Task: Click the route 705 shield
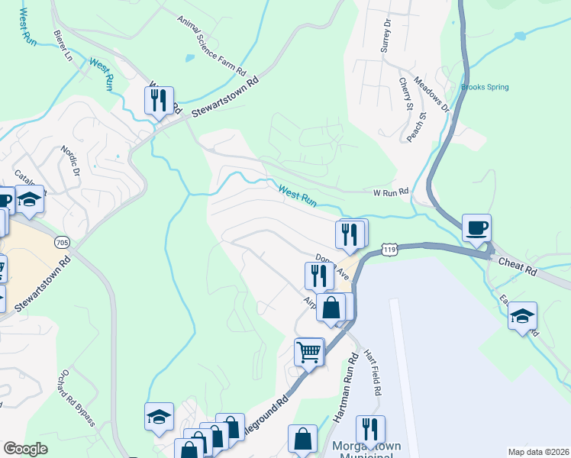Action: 63,243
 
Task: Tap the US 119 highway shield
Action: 391,250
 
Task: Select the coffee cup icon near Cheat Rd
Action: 476,227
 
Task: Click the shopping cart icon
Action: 309,353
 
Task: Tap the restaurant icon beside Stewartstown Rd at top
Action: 159,100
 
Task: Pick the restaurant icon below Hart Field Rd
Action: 370,429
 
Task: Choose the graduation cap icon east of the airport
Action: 522,316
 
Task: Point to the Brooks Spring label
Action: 485,87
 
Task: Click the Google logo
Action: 26,449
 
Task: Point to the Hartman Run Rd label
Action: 346,389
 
